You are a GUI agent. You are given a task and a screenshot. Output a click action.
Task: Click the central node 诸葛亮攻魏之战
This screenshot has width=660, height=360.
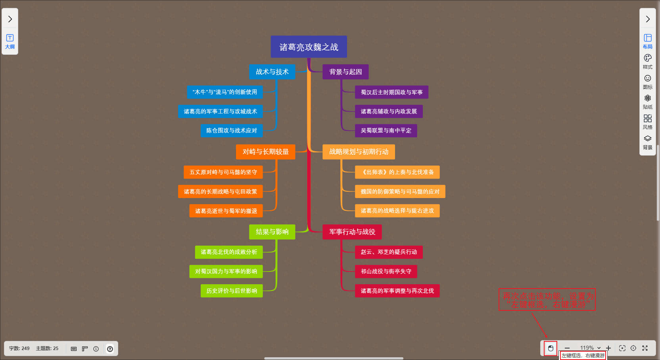coord(309,47)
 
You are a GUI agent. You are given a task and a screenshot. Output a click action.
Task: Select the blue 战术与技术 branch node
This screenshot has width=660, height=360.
coord(272,72)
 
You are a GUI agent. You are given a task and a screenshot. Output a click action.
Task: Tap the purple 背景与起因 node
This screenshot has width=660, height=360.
coord(345,72)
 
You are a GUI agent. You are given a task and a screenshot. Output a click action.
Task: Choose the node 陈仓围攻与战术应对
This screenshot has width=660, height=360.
coord(232,131)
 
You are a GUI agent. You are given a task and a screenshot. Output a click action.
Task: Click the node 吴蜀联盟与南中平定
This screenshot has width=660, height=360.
coord(386,131)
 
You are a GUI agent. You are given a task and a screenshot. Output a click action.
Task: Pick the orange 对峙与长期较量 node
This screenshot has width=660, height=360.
coord(265,152)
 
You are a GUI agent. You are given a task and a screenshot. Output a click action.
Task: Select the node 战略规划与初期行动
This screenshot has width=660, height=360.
coord(359,152)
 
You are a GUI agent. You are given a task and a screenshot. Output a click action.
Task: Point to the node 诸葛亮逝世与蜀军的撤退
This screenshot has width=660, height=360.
coord(226,211)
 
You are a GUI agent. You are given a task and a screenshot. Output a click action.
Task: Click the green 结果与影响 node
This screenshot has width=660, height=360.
coord(272,232)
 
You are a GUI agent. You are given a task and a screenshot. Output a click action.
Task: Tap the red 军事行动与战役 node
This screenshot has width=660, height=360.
coord(352,232)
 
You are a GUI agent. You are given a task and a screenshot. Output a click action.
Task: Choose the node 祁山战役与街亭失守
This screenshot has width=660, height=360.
coord(386,271)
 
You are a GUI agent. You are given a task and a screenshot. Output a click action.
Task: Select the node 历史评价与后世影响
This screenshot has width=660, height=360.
coord(232,291)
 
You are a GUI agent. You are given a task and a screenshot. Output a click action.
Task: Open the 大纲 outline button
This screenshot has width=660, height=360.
coord(10,41)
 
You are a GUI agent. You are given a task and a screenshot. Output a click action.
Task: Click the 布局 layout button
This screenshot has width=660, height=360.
coord(648,41)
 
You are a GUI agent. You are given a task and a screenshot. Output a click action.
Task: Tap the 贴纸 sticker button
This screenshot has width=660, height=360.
coord(648,102)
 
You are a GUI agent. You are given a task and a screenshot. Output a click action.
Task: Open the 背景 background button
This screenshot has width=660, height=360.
coord(648,142)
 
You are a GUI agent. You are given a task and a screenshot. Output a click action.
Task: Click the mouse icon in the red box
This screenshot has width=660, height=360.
coord(551,348)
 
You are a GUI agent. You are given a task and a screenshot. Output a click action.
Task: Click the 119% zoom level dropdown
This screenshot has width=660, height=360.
coord(590,348)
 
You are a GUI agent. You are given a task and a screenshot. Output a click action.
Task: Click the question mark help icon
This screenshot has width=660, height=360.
coord(110,349)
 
